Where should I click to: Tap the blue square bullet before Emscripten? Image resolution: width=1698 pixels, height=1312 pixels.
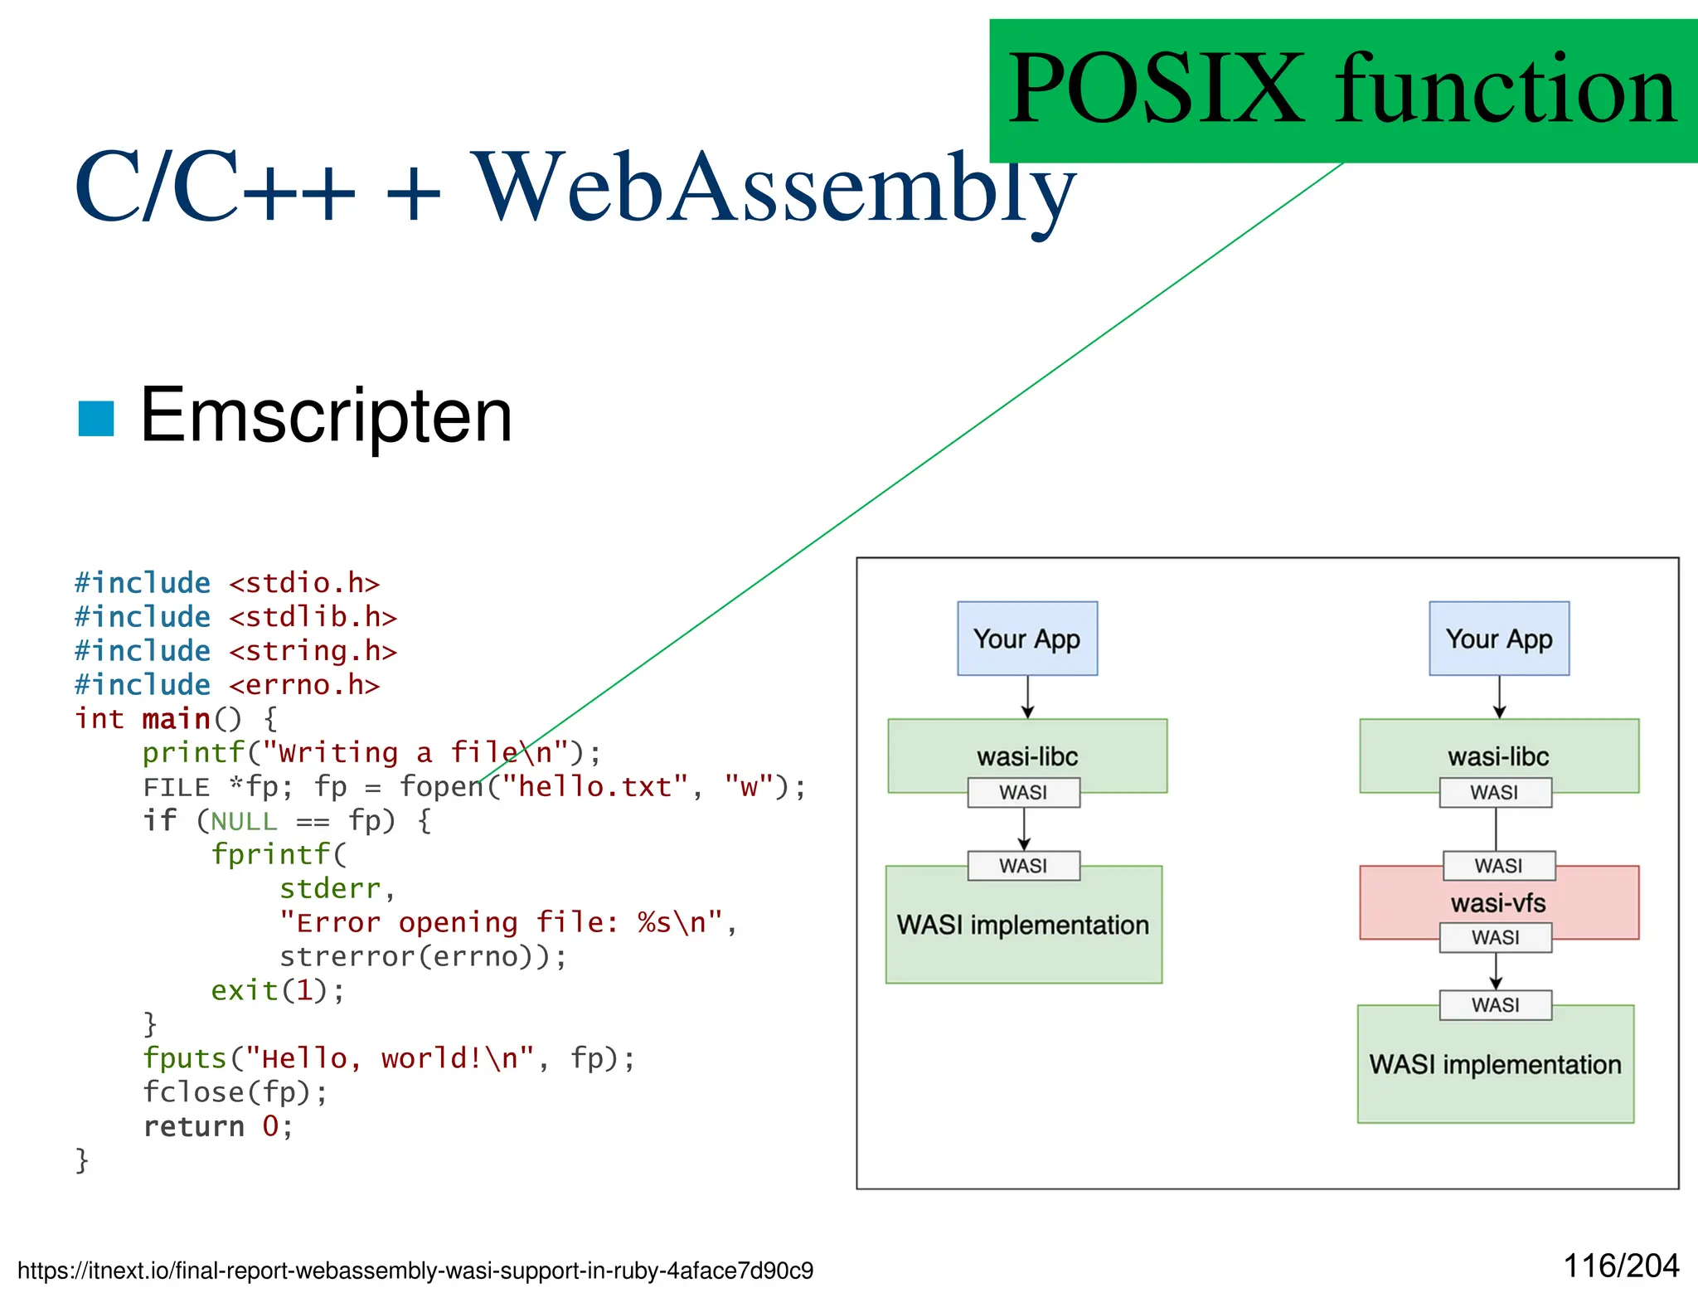point(95,418)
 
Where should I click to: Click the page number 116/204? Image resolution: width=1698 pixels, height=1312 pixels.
point(1620,1266)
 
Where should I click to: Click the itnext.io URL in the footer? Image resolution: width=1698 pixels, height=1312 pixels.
point(415,1271)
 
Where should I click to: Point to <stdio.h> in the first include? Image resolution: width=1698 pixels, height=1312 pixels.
point(304,583)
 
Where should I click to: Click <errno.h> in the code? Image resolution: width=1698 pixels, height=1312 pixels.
point(304,685)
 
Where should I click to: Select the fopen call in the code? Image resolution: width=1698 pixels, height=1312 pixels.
point(439,786)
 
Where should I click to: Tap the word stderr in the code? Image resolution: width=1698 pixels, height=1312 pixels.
point(329,888)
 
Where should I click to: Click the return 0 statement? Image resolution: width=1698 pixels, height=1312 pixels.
point(217,1126)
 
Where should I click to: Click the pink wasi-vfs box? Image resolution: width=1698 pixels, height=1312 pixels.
point(1498,903)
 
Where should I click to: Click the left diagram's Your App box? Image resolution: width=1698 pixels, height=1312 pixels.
point(1026,639)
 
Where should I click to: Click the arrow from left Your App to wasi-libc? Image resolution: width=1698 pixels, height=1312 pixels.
point(1027,697)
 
